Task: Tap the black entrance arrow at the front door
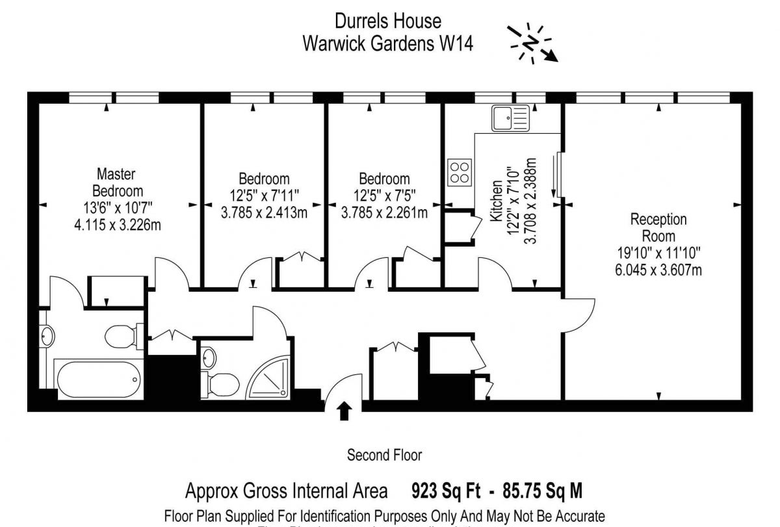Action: point(344,411)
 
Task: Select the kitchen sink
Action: point(510,118)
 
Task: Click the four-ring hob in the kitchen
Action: point(459,172)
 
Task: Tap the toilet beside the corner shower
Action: point(218,383)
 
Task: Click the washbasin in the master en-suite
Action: point(47,335)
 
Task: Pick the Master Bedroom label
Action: point(117,183)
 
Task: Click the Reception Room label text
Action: point(658,227)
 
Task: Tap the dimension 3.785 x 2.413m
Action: point(264,211)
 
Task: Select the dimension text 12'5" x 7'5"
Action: point(384,195)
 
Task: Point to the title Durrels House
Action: point(388,21)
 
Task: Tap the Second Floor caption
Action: point(384,455)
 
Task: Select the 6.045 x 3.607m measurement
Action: point(658,270)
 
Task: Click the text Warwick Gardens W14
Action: point(388,44)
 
